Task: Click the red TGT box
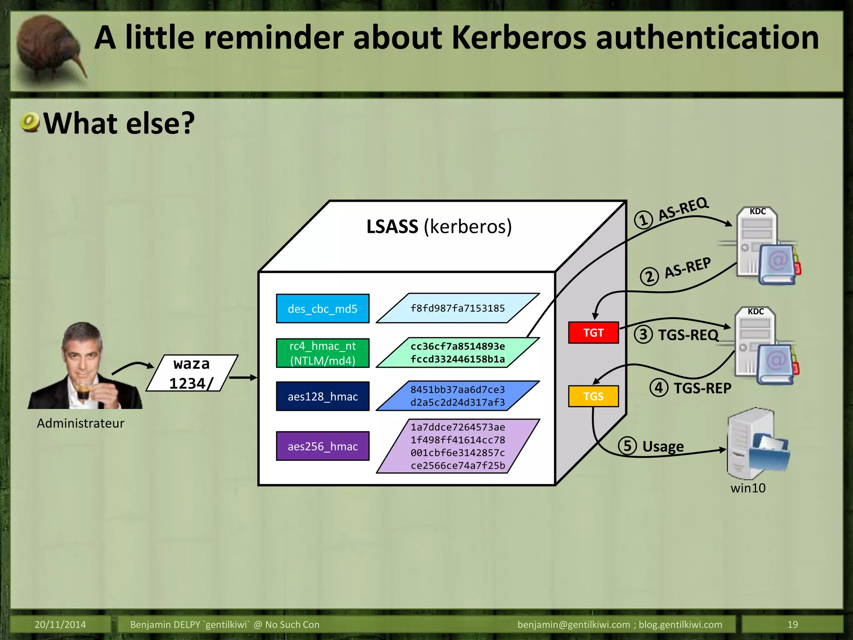593,332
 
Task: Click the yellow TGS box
593,396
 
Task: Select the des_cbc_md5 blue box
322,309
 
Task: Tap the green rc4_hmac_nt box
322,353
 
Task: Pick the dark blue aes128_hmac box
322,396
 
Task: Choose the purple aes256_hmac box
322,446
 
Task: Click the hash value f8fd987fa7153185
457,308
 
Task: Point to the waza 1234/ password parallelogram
192,373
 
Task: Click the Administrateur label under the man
80,423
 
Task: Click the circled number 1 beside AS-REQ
643,220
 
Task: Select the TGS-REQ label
688,335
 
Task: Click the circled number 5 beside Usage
627,445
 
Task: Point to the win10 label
748,488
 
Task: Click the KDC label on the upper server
757,211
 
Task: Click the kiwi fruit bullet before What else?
30,122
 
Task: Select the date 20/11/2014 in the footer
60,625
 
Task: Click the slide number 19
792,625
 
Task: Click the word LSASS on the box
392,227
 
